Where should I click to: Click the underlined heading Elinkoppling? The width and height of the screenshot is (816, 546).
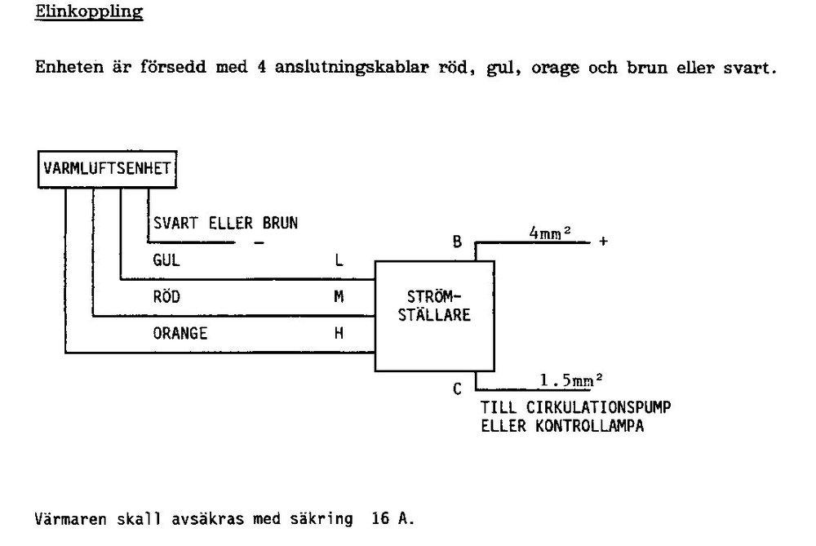click(89, 12)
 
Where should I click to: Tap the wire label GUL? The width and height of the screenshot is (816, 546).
click(166, 260)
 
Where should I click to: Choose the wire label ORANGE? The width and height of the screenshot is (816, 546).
click(180, 333)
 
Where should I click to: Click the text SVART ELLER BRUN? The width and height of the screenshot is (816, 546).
click(225, 224)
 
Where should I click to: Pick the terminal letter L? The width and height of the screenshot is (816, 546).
click(339, 260)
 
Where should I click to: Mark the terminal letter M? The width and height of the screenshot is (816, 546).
click(339, 297)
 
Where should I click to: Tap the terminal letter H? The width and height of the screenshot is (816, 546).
click(339, 333)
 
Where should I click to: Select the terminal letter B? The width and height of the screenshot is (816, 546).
click(457, 242)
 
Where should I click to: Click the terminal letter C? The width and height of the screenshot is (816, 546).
click(457, 388)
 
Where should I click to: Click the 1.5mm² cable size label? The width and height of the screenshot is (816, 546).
click(571, 380)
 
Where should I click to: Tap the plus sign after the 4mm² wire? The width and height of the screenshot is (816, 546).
click(603, 241)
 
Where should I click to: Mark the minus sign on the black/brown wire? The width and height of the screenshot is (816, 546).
click(259, 242)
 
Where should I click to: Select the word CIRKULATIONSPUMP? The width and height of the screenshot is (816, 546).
click(598, 407)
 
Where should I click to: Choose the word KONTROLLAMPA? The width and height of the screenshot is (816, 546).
click(590, 426)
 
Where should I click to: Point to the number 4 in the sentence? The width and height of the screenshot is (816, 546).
click(261, 67)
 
